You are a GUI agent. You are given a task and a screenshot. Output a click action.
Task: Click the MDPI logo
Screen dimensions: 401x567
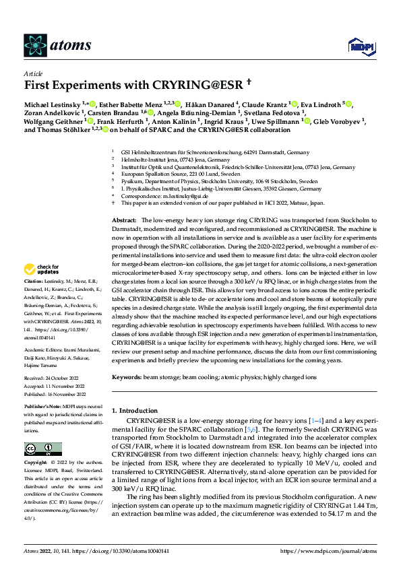tap(358, 46)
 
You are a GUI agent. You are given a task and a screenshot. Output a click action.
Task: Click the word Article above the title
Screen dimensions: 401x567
tap(33, 73)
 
